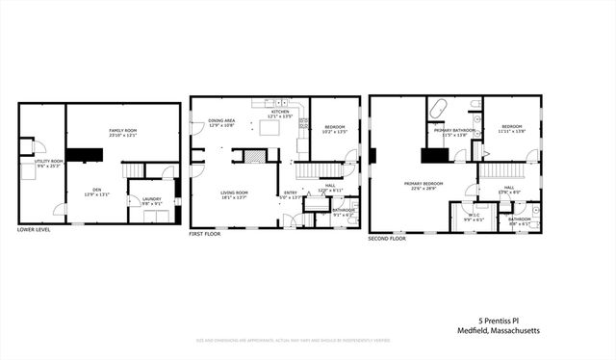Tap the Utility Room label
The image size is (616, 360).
point(50,163)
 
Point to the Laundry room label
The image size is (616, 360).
point(152,202)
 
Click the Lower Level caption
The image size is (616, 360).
point(34,229)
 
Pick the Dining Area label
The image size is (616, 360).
point(222,122)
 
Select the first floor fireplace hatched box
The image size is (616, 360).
point(253,155)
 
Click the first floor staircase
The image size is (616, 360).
point(312,171)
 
